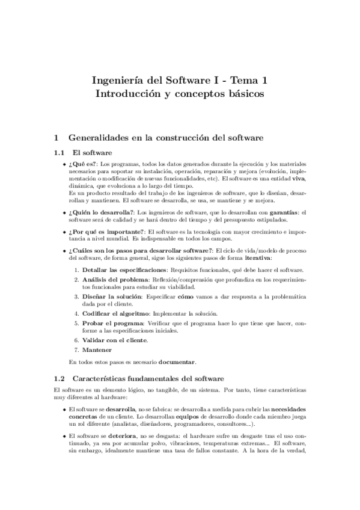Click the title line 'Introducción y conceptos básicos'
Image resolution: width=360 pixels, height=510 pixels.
pyautogui.click(x=180, y=94)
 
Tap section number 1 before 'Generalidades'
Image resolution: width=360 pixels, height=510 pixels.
pyautogui.click(x=56, y=138)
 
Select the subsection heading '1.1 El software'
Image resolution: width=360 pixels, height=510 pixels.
pyautogui.click(x=82, y=153)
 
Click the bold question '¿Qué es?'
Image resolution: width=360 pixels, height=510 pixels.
pyautogui.click(x=82, y=164)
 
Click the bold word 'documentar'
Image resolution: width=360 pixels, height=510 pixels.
pyautogui.click(x=176, y=362)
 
